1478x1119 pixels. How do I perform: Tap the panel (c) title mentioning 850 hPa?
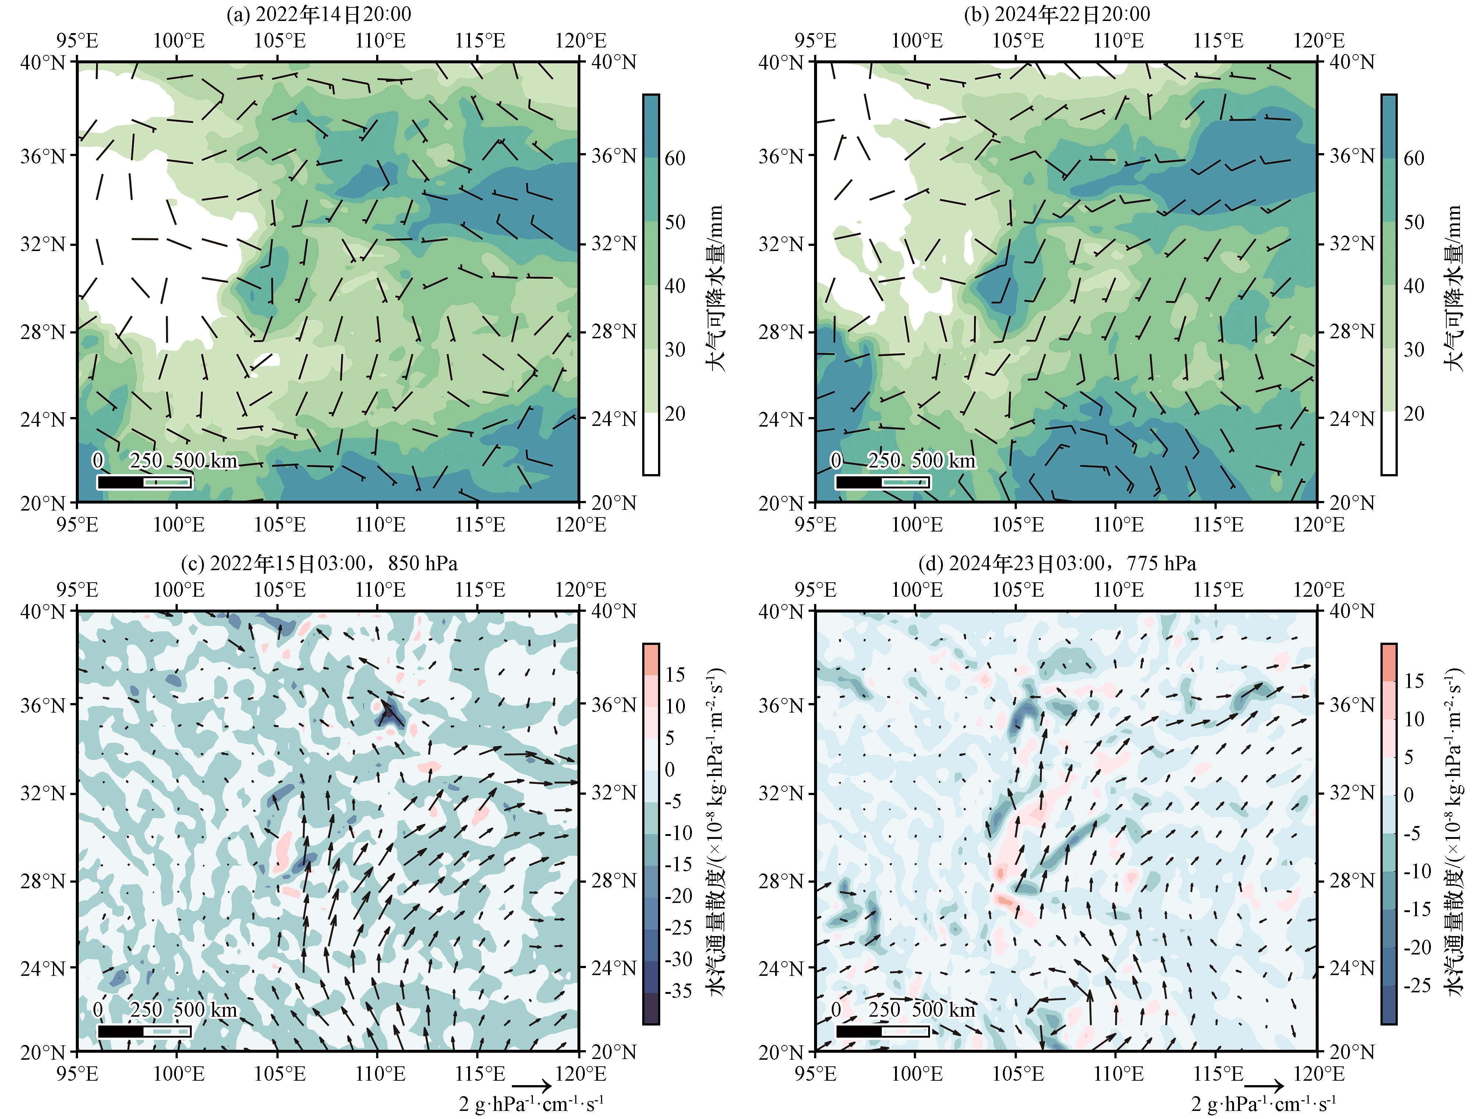(319, 564)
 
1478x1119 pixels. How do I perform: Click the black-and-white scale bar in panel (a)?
(144, 481)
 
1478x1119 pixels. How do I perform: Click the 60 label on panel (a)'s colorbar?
(675, 158)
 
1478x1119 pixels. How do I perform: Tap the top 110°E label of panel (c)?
(380, 590)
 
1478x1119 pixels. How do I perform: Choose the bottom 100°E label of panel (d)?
(917, 1074)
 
